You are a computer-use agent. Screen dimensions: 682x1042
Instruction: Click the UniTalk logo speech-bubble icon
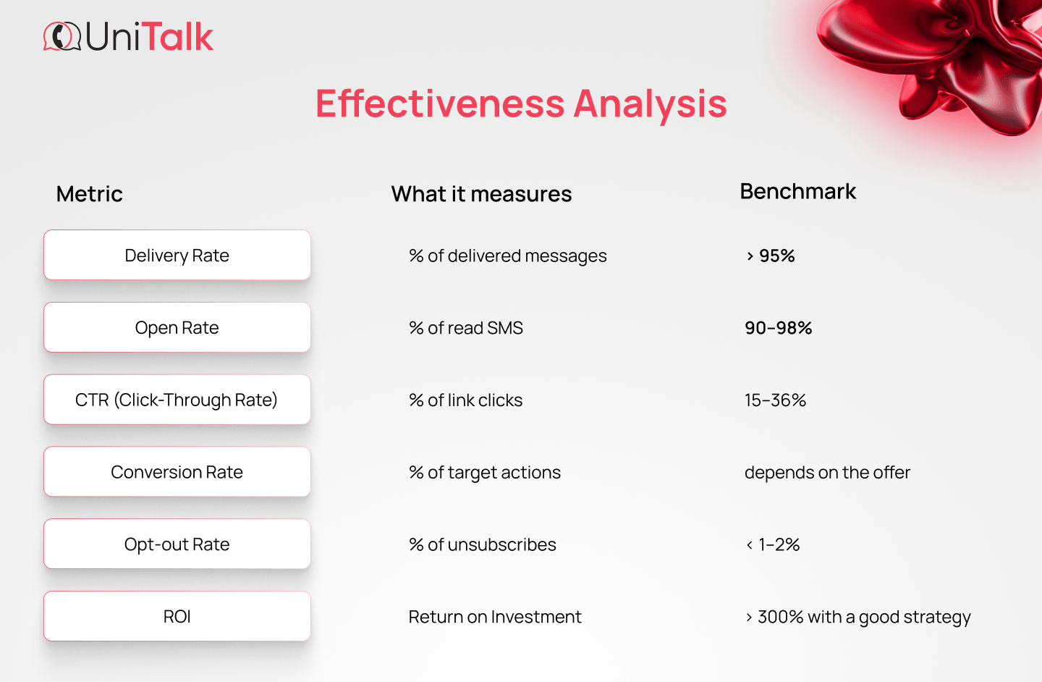coord(62,37)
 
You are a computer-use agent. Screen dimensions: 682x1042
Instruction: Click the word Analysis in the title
coord(650,104)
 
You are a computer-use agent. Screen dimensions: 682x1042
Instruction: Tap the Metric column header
coord(89,194)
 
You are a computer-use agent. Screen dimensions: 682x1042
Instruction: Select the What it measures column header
coord(481,194)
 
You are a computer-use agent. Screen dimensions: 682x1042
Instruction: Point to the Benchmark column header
coord(797,191)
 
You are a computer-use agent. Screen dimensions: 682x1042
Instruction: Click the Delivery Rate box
coord(177,256)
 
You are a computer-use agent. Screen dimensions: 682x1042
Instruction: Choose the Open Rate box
coord(177,328)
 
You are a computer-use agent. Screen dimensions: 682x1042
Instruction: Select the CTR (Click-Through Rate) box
coord(177,400)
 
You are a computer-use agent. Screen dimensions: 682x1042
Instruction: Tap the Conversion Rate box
coord(177,472)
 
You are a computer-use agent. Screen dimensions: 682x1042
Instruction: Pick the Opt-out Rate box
coord(177,544)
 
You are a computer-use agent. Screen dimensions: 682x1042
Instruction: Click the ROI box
coord(177,617)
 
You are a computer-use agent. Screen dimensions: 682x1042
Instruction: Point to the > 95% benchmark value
coord(771,256)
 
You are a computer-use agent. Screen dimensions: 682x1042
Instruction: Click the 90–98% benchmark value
coord(779,328)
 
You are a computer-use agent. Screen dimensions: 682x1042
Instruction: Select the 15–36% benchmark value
coord(775,400)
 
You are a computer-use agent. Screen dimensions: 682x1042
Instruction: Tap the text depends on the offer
coord(827,473)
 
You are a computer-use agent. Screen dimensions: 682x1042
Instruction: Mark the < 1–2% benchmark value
coord(773,545)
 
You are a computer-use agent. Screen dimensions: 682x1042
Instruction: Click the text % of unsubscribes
coord(483,545)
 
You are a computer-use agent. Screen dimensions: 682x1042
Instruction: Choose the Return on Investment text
coord(495,617)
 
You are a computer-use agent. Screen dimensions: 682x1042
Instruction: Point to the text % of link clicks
coord(465,400)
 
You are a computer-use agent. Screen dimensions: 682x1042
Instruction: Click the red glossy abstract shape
coord(941,58)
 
